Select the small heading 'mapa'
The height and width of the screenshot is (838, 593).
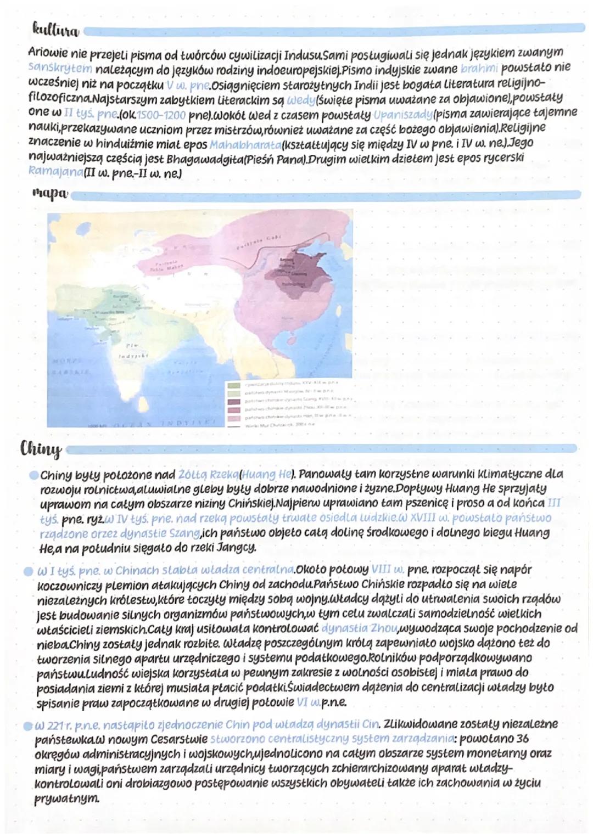tap(50, 194)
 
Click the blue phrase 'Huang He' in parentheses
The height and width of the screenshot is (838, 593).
tap(260, 474)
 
